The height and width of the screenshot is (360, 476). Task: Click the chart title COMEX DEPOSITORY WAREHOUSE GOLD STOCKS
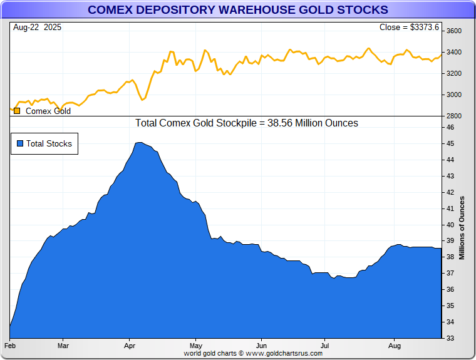(x=237, y=10)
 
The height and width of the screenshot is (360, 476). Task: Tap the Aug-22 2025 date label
(x=37, y=28)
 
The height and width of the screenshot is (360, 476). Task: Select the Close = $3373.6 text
(x=410, y=28)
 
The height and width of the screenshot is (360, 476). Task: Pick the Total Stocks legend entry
(x=49, y=143)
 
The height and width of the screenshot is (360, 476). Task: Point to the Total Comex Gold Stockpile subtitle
(x=246, y=123)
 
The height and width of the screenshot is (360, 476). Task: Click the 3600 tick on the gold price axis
(x=453, y=31)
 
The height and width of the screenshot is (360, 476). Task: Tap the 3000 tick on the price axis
(x=453, y=95)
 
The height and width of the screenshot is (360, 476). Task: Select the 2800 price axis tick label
(x=453, y=116)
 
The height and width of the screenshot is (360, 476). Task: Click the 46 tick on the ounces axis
(x=450, y=127)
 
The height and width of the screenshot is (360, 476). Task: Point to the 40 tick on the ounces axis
(x=450, y=225)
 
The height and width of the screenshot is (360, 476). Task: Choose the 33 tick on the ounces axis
(x=450, y=338)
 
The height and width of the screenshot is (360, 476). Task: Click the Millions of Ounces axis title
(x=462, y=228)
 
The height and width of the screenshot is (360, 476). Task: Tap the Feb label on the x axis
(x=10, y=345)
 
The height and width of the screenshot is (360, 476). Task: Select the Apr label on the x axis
(x=130, y=345)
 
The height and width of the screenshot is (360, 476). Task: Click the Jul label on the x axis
(x=324, y=345)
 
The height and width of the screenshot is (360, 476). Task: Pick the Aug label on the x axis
(x=395, y=345)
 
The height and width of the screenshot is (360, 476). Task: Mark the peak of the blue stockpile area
(x=139, y=143)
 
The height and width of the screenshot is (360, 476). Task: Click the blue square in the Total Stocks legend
(x=20, y=143)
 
